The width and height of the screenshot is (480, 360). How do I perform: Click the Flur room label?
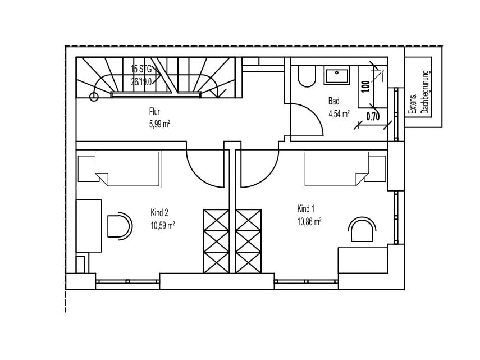click(154, 111)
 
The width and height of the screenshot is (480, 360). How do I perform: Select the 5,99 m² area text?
click(160, 124)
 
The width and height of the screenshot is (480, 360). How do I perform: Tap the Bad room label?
click(333, 101)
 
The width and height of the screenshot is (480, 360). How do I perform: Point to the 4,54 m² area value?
click(339, 114)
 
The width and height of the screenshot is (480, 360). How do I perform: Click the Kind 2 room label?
click(159, 212)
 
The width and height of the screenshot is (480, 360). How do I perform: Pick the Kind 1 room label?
click(306, 209)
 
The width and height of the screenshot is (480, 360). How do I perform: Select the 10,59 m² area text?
click(163, 226)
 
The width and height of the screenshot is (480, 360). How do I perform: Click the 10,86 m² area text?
click(309, 222)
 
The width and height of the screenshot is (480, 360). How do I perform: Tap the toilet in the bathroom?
click(307, 76)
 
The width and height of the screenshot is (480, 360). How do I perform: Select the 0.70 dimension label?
click(373, 116)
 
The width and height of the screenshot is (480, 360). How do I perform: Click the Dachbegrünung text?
click(425, 92)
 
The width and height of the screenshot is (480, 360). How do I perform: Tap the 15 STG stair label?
click(141, 69)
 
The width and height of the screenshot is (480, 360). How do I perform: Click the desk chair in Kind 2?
click(120, 226)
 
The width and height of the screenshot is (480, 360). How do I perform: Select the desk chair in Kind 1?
click(362, 230)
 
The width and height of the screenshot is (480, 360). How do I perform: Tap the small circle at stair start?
click(94, 97)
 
